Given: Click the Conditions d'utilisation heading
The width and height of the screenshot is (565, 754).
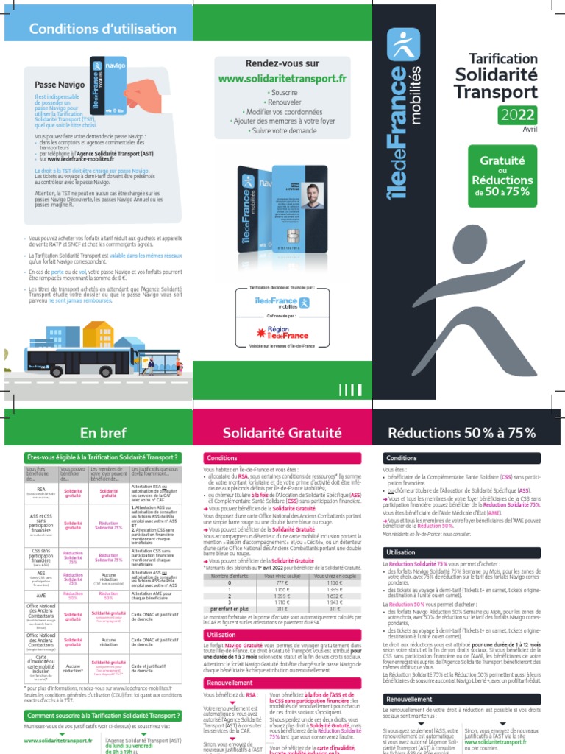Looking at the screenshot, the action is click(x=102, y=29).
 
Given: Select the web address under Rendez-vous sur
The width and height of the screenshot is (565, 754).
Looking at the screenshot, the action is click(x=282, y=78).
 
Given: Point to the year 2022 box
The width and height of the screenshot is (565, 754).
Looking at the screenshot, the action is click(x=518, y=113).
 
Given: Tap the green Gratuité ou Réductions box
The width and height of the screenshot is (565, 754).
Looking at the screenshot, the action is click(x=502, y=175).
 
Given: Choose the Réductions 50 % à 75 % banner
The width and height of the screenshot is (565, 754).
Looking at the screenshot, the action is click(x=462, y=432).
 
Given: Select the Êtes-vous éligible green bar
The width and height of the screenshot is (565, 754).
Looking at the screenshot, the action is click(x=102, y=457).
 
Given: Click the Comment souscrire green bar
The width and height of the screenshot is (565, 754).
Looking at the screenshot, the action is click(x=102, y=715).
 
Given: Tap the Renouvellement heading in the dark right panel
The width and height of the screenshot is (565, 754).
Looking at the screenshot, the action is click(x=409, y=699).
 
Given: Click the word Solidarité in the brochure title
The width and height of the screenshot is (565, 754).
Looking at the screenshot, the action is click(x=497, y=74).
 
